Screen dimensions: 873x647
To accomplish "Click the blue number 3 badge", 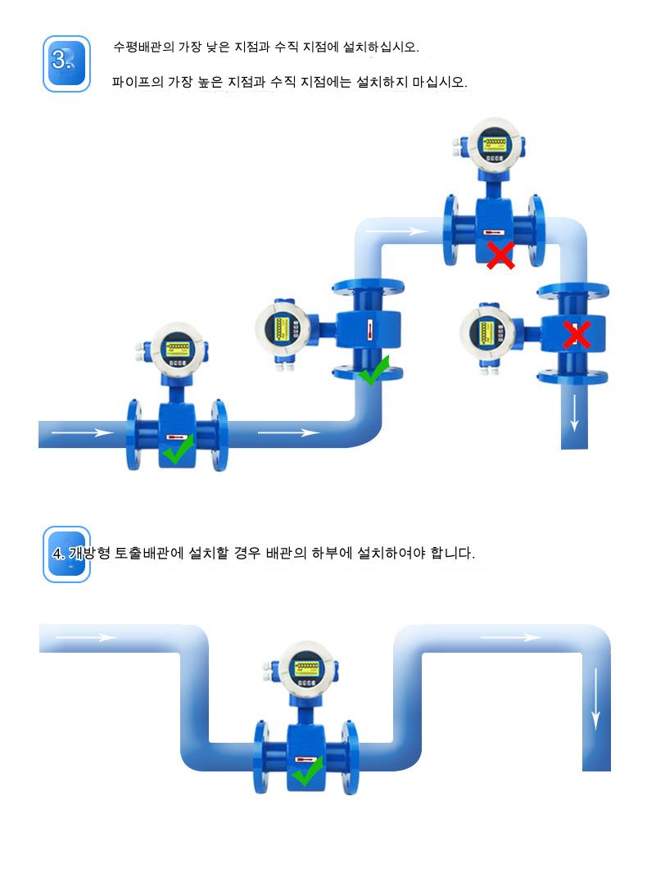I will [66, 64].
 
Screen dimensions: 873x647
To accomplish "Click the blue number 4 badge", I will [66, 554].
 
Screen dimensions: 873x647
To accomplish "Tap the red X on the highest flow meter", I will [500, 255].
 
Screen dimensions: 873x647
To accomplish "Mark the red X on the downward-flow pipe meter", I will [577, 334].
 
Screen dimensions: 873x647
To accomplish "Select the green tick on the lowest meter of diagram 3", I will [179, 449].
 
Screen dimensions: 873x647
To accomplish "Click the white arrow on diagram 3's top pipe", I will [396, 232].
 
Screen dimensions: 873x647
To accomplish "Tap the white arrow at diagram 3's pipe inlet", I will [82, 432].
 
